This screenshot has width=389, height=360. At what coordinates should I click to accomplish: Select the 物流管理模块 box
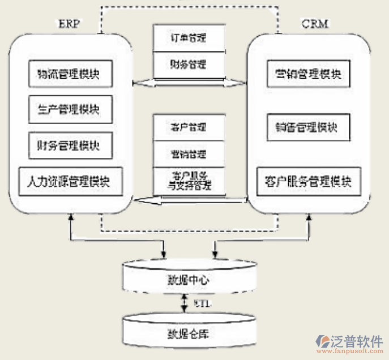[70, 74]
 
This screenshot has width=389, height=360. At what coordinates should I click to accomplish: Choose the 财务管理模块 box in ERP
[70, 145]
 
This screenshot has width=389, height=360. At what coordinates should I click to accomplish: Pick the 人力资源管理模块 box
[70, 182]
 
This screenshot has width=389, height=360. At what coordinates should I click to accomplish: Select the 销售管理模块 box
[309, 127]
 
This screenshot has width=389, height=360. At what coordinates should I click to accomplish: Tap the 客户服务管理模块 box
[309, 182]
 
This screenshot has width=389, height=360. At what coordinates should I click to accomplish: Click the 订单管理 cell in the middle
[189, 38]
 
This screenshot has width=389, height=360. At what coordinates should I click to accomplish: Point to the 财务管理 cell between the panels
[189, 64]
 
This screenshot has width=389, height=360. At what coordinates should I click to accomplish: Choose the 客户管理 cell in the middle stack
[189, 127]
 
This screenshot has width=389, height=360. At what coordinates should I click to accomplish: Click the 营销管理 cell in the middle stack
[189, 153]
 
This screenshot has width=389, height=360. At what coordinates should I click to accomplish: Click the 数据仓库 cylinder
[189, 333]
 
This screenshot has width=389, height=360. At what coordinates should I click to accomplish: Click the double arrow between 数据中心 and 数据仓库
[184, 304]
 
